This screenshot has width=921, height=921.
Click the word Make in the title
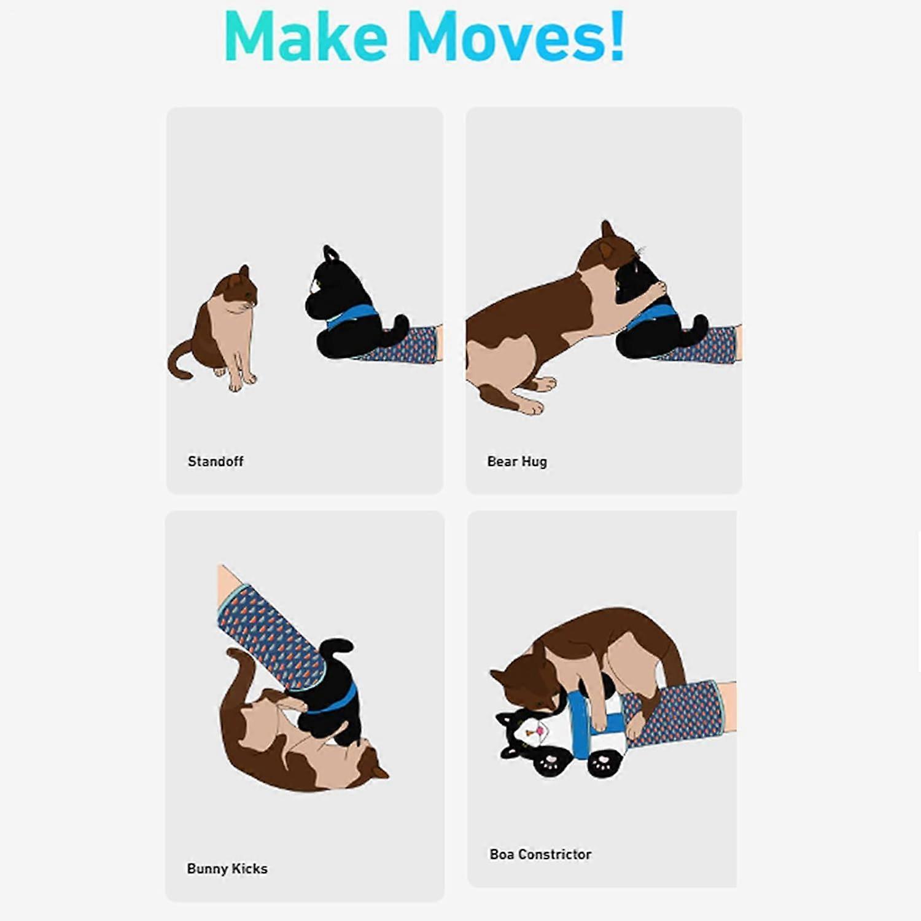pyautogui.click(x=306, y=36)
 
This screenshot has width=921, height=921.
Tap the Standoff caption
pyautogui.click(x=216, y=461)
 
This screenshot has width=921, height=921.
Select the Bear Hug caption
pyautogui.click(x=517, y=462)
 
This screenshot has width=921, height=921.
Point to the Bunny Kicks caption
pyautogui.click(x=227, y=869)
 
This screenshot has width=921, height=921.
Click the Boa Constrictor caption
pyautogui.click(x=540, y=854)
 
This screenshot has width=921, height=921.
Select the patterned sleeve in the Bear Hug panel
pyautogui.click(x=700, y=346)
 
